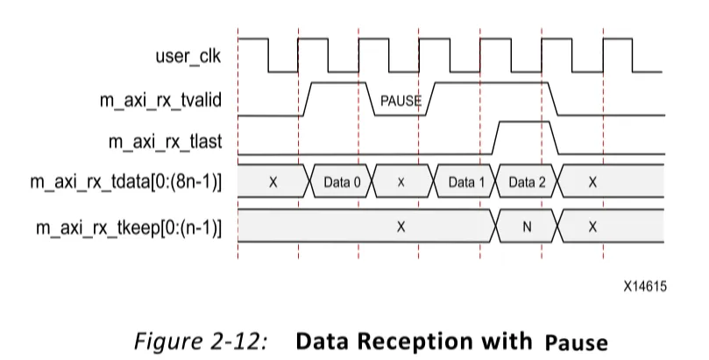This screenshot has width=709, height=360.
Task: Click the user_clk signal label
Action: (188, 57)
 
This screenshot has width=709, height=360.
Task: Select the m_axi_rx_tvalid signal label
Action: (160, 100)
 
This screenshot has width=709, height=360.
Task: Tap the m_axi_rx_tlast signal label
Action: (165, 142)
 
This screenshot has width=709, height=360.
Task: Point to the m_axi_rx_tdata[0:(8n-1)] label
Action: (126, 182)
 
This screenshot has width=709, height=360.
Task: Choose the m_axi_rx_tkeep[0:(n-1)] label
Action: (129, 228)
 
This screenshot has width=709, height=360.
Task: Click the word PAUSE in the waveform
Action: (401, 101)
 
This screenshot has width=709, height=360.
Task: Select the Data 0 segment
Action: (343, 182)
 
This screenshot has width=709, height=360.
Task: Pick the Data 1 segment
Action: (465, 182)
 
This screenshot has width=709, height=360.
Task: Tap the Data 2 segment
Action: (528, 182)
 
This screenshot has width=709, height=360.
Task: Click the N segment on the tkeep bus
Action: (527, 227)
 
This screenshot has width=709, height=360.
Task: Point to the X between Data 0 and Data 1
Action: (401, 182)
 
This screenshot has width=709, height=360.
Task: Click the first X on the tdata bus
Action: (273, 182)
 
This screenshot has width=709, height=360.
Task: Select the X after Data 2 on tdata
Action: (592, 182)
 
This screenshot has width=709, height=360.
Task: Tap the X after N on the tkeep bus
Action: (592, 227)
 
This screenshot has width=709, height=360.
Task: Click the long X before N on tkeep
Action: (401, 227)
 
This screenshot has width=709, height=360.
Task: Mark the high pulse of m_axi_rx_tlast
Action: (525, 122)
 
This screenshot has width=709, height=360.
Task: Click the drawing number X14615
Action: (645, 286)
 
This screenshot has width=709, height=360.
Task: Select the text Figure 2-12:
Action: (201, 341)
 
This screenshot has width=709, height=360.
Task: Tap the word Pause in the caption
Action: (576, 342)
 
